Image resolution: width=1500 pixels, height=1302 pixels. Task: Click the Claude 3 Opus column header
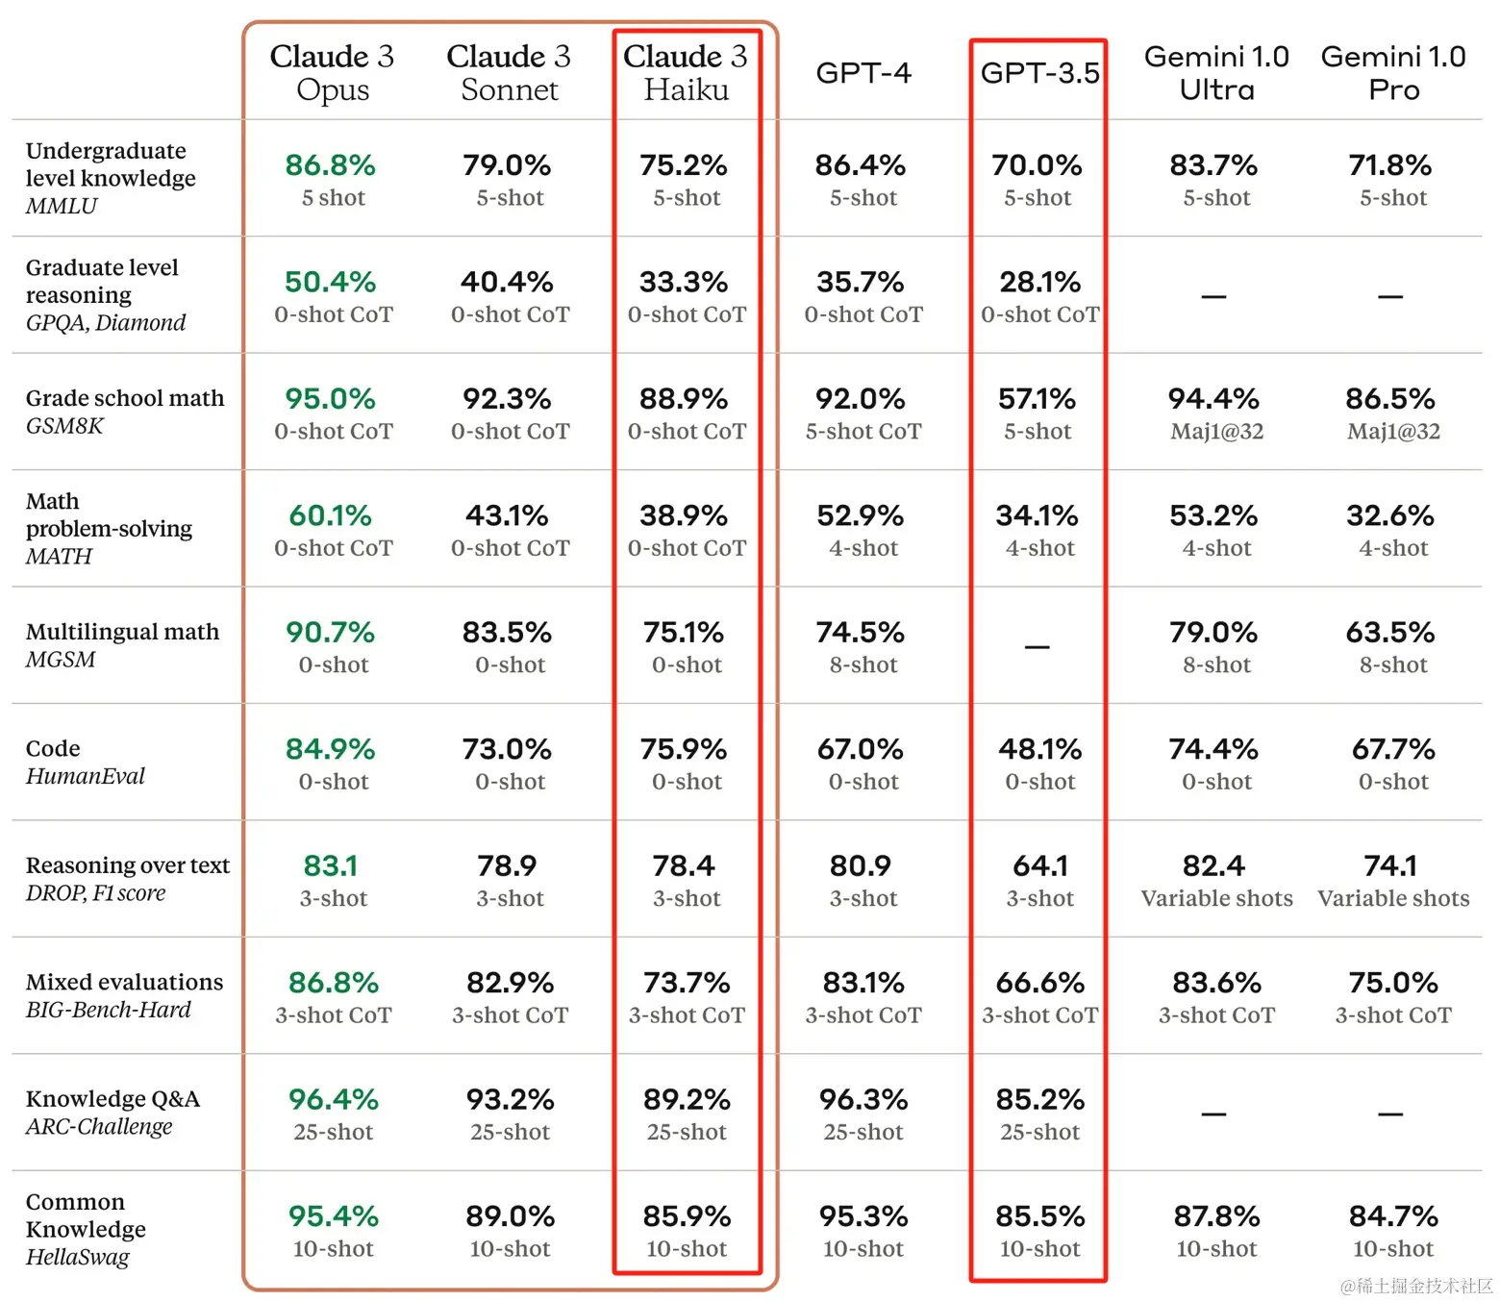tap(332, 72)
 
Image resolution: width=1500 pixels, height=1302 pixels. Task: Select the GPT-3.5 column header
tap(1039, 73)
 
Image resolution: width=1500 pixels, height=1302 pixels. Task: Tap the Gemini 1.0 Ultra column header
tap(1216, 73)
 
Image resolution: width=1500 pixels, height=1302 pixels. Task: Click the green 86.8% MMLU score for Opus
tap(330, 165)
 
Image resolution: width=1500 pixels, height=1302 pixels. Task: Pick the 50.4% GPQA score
tap(330, 282)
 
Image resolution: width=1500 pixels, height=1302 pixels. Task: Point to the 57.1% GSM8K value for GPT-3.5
tap(1037, 399)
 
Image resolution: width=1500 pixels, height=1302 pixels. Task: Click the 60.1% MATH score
tap(330, 515)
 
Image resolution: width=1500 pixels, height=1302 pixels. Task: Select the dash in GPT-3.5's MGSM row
tap(1037, 647)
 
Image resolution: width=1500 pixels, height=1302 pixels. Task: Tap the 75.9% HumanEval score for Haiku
tap(684, 749)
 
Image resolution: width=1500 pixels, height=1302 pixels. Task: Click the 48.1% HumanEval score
tap(1039, 749)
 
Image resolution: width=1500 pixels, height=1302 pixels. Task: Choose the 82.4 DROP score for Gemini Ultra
tap(1213, 866)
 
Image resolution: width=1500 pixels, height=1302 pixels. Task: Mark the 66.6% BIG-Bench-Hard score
tap(1039, 983)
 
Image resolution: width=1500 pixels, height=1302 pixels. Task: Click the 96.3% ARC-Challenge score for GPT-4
tap(862, 1099)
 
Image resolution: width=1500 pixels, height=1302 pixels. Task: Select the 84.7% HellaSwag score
tap(1392, 1216)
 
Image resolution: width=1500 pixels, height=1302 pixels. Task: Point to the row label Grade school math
tap(125, 398)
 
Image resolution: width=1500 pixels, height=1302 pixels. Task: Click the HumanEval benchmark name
tap(86, 776)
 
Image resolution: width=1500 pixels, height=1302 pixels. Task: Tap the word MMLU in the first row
tap(62, 206)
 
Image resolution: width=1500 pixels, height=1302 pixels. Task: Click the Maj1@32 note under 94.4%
tap(1216, 432)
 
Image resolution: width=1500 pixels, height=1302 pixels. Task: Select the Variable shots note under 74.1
tap(1392, 898)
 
